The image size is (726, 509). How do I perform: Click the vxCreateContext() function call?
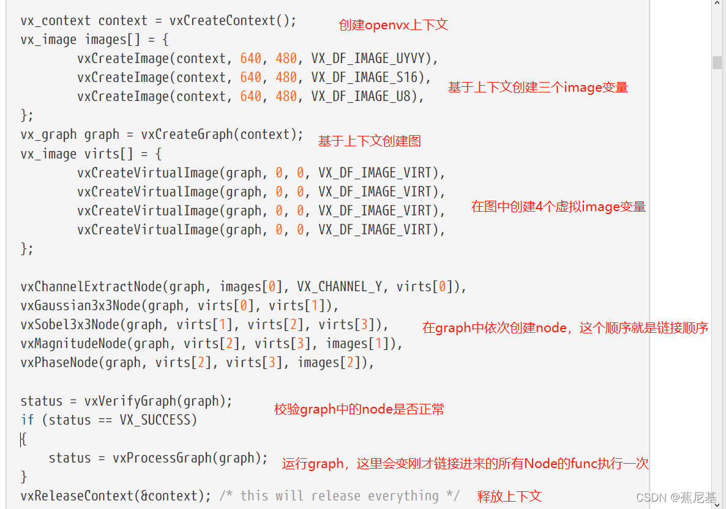(233, 20)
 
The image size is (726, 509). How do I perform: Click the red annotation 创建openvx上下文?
(393, 25)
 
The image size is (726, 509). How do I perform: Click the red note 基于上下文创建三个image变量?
(537, 87)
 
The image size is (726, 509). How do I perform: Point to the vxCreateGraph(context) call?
(222, 135)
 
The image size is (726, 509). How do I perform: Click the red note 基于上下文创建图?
(369, 141)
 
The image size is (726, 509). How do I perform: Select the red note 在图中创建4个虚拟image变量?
(558, 207)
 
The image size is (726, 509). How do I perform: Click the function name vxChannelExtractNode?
(91, 287)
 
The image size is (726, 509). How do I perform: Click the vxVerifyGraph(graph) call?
(159, 401)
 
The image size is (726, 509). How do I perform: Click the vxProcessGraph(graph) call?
(190, 458)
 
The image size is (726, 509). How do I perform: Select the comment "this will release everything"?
(339, 496)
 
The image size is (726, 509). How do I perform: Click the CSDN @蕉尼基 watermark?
(676, 497)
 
